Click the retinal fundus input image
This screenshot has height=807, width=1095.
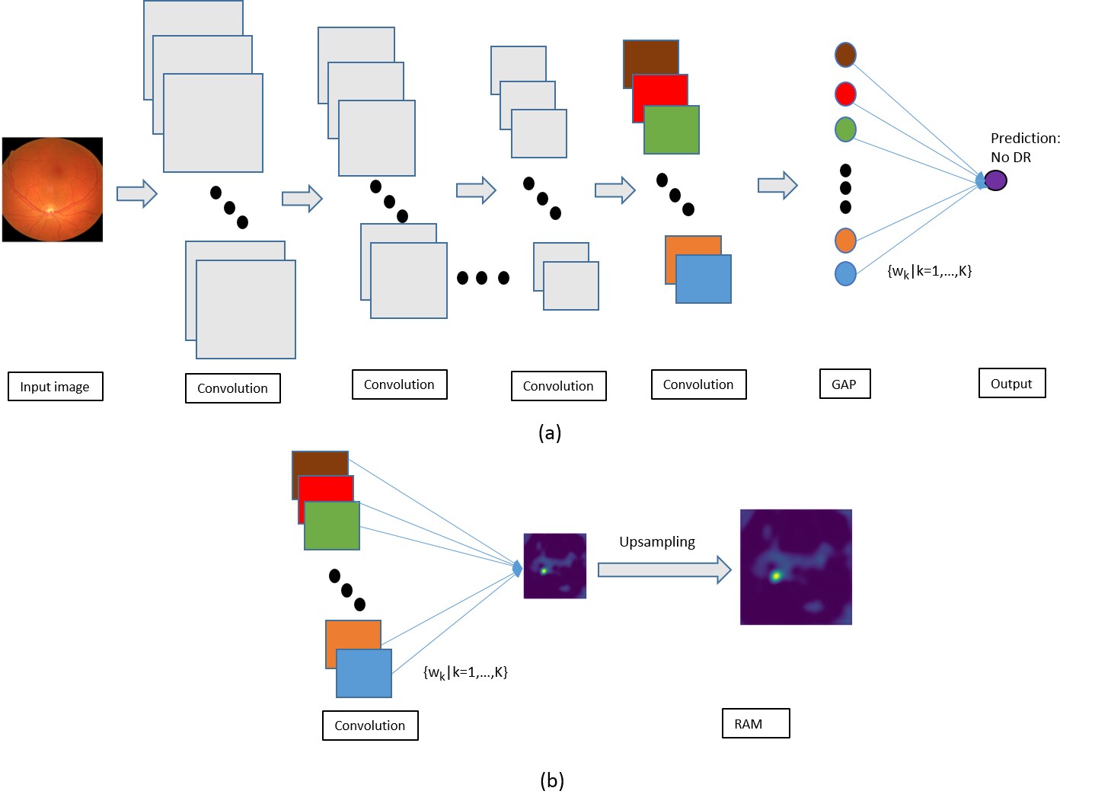(x=53, y=190)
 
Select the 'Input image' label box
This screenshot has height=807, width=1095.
(x=55, y=387)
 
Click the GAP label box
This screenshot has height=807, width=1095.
(x=844, y=384)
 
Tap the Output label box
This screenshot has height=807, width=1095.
(x=1011, y=384)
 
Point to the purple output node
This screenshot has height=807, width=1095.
(x=995, y=180)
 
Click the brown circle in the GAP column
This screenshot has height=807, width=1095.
(x=845, y=55)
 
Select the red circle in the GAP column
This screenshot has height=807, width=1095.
(x=845, y=94)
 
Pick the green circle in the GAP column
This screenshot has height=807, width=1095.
(x=845, y=129)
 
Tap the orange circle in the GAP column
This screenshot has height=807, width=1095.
(x=845, y=241)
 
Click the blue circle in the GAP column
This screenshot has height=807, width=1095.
(x=845, y=273)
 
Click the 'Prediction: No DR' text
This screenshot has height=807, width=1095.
(x=1023, y=148)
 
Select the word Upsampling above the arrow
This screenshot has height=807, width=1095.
(x=656, y=542)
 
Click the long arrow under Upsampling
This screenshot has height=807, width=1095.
(x=663, y=569)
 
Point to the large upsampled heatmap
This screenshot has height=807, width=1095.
(x=796, y=567)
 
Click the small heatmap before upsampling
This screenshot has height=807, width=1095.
(x=554, y=566)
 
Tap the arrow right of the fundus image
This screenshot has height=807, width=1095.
(x=136, y=193)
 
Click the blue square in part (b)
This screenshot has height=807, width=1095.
(x=364, y=674)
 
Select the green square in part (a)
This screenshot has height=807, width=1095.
(x=672, y=131)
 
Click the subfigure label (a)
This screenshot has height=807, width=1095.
(x=549, y=433)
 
